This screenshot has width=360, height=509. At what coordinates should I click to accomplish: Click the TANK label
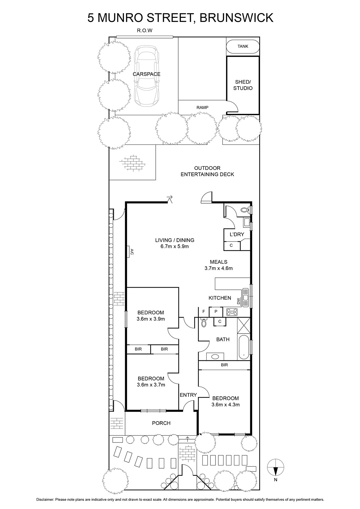pyautogui.click(x=243, y=46)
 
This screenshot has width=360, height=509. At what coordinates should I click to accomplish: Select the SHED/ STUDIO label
pyautogui.click(x=243, y=85)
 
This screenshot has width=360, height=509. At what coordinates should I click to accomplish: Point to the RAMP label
pyautogui.click(x=202, y=108)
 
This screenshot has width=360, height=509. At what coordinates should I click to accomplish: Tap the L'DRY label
pyautogui.click(x=237, y=234)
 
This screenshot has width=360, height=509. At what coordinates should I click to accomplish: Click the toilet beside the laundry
pyautogui.click(x=245, y=209)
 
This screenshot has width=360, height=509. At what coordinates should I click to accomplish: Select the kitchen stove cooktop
pyautogui.click(x=232, y=312)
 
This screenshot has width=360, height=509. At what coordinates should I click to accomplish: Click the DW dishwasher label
pyautogui.click(x=238, y=302)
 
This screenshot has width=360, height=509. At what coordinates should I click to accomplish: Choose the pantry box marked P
pyautogui.click(x=215, y=312)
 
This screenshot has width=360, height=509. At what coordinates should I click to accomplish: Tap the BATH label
pyautogui.click(x=223, y=339)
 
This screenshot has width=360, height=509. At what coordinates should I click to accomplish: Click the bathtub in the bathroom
pyautogui.click(x=244, y=347)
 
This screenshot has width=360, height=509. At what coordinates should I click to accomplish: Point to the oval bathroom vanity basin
pyautogui.click(x=215, y=357)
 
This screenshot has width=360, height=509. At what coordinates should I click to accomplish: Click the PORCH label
pyautogui.click(x=161, y=423)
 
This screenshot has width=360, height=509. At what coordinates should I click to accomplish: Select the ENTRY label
pyautogui.click(x=188, y=395)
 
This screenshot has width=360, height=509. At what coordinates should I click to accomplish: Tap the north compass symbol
pyautogui.click(x=275, y=468)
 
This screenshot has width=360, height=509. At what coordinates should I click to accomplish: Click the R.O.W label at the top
pyautogui.click(x=145, y=31)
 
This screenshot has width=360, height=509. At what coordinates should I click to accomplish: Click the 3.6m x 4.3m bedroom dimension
pyautogui.click(x=226, y=405)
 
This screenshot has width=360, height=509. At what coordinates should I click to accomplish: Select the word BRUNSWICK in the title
pyautogui.click(x=236, y=18)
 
